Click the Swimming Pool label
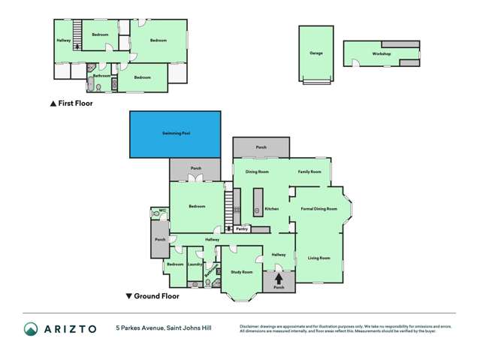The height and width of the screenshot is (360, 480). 176,133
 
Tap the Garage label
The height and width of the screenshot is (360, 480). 315,53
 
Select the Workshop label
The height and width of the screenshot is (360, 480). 382,54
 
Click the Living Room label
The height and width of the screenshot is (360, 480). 318,258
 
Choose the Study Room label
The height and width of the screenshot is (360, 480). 240,271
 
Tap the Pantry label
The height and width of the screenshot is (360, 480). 241,229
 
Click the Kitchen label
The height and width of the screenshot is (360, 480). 271,208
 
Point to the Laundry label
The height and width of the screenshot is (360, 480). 194,265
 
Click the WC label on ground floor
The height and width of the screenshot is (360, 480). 162,210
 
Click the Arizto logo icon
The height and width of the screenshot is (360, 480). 31,329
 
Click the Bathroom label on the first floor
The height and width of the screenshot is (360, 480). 101,76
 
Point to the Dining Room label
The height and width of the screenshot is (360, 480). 257,171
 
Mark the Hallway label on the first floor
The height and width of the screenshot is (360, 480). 63,41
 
